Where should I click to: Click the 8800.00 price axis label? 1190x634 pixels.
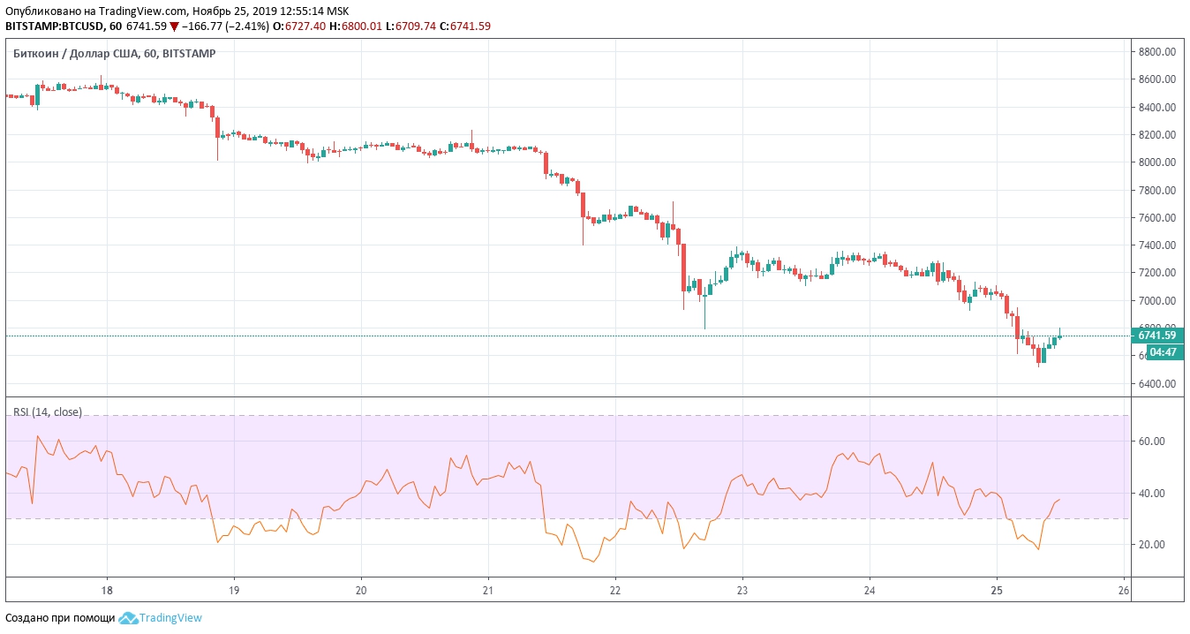point(1156,51)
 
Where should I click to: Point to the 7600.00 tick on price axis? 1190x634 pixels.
point(1156,217)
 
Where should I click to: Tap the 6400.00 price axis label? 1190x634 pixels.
point(1156,384)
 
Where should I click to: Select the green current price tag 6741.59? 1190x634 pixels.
point(1156,336)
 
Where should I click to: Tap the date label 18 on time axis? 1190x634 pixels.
point(107,590)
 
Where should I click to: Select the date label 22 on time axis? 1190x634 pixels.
point(615,590)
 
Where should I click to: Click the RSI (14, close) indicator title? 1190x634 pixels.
point(47,412)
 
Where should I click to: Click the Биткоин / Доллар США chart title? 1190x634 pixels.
point(115,54)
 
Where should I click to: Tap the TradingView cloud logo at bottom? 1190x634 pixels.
point(129,618)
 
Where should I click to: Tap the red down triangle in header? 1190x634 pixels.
point(175,26)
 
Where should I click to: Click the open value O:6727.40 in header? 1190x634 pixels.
point(299,26)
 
